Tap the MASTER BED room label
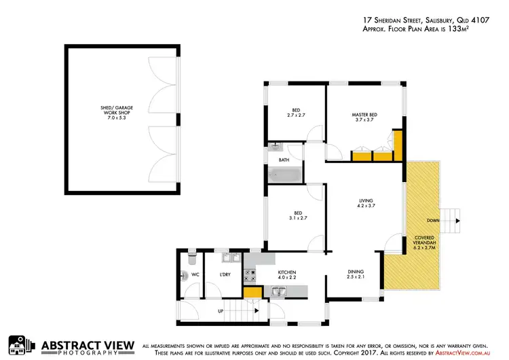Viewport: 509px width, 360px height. click(364, 117)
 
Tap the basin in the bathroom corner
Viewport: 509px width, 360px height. click(275, 147)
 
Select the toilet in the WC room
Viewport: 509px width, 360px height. click(191, 258)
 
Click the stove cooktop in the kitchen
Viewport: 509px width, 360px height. click(250, 275)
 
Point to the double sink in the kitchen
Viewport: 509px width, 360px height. click(280, 293)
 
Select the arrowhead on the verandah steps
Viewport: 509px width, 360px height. click(459, 221)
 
